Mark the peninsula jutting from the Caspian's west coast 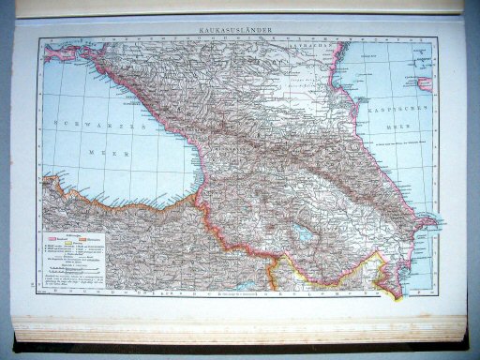tap(425, 222)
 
